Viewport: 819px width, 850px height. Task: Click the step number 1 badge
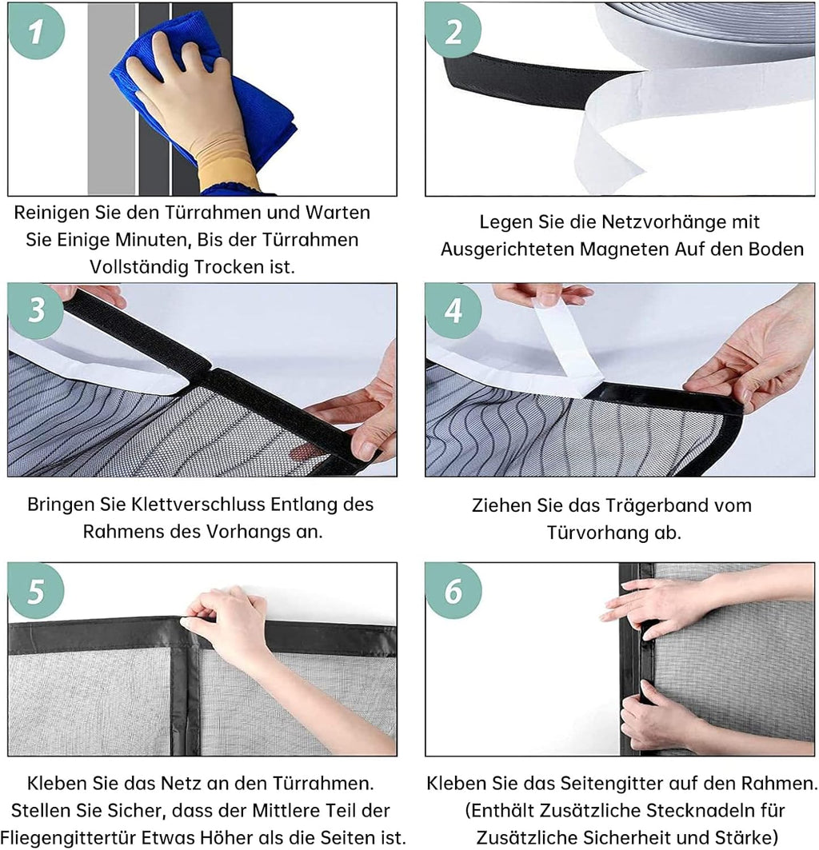[x=36, y=31]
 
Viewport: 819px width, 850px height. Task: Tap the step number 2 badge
[x=453, y=31]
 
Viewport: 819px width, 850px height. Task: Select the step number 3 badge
[x=36, y=310]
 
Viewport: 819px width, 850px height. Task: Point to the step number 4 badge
[x=453, y=310]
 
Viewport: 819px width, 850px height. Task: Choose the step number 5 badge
[x=36, y=590]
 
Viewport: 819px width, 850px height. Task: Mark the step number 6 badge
[x=453, y=590]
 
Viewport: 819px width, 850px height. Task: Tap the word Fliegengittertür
[x=67, y=837]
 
